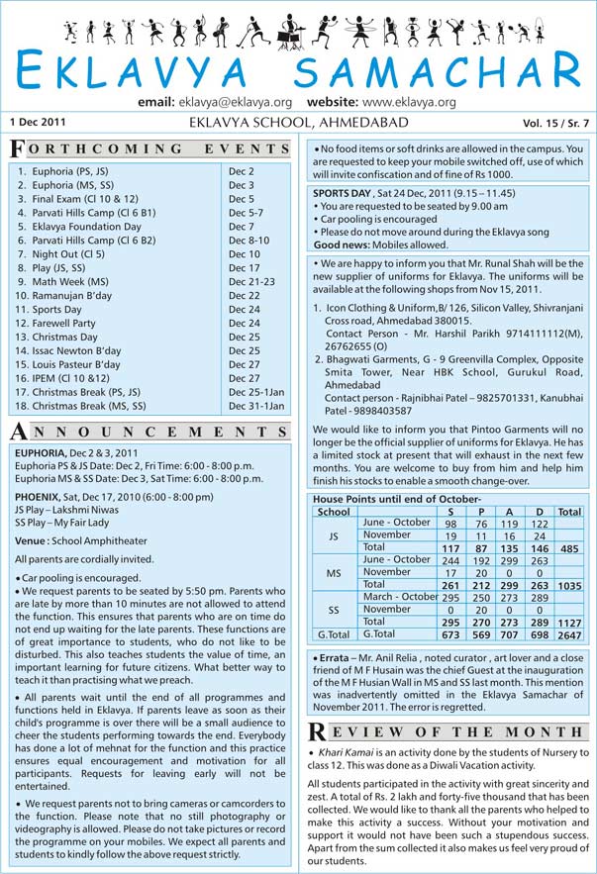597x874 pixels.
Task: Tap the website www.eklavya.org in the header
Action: pos(409,102)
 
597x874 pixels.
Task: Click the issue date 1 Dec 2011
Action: pos(39,122)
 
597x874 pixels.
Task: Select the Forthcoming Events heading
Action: pos(149,148)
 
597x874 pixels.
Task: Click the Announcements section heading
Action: pos(149,432)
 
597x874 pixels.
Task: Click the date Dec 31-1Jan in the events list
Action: pos(256,406)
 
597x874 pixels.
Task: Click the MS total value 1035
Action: pos(569,586)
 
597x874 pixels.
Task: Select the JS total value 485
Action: pos(569,547)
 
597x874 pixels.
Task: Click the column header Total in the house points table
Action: pos(569,511)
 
